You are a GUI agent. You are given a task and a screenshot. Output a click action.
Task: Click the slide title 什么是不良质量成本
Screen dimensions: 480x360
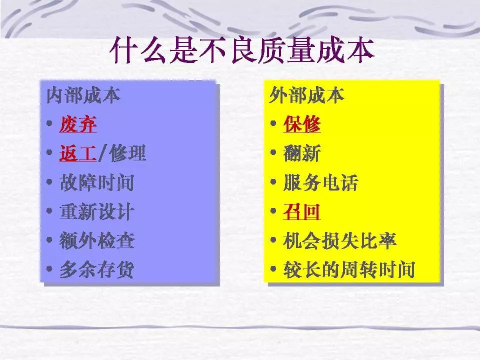pyautogui.click(x=242, y=50)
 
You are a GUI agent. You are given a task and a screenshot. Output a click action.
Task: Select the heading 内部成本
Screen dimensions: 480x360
pyautogui.click(x=83, y=95)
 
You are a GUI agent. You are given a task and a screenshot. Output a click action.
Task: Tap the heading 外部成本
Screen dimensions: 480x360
pyautogui.click(x=306, y=95)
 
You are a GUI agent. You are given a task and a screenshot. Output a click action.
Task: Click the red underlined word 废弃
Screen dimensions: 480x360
pyautogui.click(x=78, y=124)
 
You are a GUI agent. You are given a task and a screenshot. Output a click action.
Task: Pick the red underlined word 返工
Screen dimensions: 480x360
pyautogui.click(x=78, y=153)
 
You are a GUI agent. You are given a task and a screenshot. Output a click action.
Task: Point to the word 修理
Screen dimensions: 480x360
pyautogui.click(x=127, y=153)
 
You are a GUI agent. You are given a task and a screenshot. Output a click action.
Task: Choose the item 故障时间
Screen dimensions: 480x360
pyautogui.click(x=96, y=182)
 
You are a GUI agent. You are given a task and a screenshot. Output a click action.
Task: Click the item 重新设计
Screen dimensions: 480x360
pyautogui.click(x=96, y=211)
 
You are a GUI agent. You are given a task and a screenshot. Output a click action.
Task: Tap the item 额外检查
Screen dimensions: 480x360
pyautogui.click(x=96, y=240)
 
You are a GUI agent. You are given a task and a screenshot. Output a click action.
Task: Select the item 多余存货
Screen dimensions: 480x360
pyautogui.click(x=96, y=269)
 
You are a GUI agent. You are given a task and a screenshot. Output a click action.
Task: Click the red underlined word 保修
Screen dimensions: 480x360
pyautogui.click(x=302, y=124)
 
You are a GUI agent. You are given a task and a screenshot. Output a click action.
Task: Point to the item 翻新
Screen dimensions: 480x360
pyautogui.click(x=302, y=153)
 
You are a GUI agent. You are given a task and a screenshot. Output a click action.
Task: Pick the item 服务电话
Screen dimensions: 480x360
pyautogui.click(x=320, y=182)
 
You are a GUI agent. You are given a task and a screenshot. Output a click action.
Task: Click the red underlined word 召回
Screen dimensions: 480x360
pyautogui.click(x=302, y=211)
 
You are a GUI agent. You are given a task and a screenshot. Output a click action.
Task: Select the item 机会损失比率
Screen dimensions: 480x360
pyautogui.click(x=339, y=240)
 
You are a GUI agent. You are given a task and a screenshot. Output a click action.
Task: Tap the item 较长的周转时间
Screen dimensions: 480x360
pyautogui.click(x=349, y=269)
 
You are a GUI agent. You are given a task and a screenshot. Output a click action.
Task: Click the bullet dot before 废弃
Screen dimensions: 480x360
pyautogui.click(x=49, y=123)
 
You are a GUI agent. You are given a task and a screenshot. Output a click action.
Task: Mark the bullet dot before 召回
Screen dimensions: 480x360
pyautogui.click(x=273, y=210)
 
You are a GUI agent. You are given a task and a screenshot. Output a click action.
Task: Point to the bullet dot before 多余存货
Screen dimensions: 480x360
pyautogui.click(x=49, y=269)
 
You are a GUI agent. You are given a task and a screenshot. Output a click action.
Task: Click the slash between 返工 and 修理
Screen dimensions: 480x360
pyautogui.click(x=103, y=153)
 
